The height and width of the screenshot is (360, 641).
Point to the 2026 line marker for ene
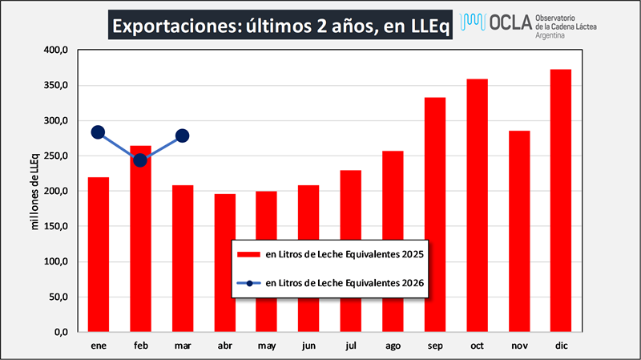pos(99,132)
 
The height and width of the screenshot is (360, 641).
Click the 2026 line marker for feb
pos(140,160)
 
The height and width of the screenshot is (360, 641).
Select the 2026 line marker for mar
pos(182,136)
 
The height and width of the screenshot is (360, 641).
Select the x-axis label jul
pos(351,346)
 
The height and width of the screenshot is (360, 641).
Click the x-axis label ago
pos(393,346)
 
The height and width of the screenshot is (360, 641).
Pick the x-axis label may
pos(267,346)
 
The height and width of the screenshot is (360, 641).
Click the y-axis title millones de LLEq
pos(34,191)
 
